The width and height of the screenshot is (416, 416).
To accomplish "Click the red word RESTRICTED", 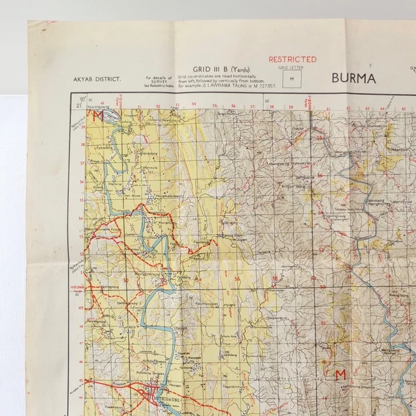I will pyautogui.click(x=292, y=59).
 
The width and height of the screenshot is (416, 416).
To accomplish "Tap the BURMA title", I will pyautogui.click(x=354, y=78).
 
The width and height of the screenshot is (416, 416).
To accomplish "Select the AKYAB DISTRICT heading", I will pyautogui.click(x=97, y=79).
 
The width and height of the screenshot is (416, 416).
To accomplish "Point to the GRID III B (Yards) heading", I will pyautogui.click(x=219, y=68).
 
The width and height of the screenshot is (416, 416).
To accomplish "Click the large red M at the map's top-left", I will pyautogui.click(x=99, y=117).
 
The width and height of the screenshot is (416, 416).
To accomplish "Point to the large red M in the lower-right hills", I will pyautogui.click(x=339, y=374).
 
